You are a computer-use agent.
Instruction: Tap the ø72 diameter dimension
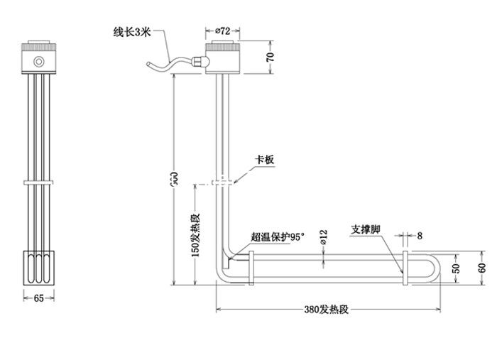[x=222, y=31]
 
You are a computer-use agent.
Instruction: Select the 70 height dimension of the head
[x=271, y=58]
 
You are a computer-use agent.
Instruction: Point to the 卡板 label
[x=264, y=160]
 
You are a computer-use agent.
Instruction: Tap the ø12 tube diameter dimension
[x=324, y=237]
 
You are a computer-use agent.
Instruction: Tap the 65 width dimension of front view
[x=39, y=298]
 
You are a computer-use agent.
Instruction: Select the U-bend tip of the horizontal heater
[x=436, y=268]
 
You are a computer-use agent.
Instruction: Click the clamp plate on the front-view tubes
[x=39, y=183]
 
